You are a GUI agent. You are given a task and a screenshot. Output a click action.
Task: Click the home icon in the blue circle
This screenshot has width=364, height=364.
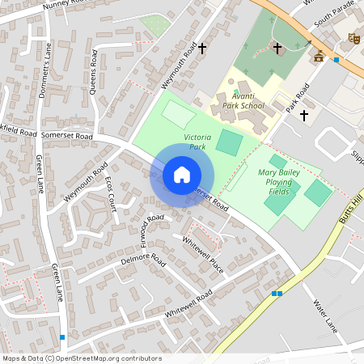(x=182, y=174)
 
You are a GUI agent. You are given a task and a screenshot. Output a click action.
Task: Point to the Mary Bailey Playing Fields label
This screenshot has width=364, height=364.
(x=279, y=183)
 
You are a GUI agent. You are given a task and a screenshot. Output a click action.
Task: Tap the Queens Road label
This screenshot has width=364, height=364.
(x=94, y=70)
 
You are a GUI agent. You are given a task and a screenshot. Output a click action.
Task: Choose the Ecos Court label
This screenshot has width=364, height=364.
(x=111, y=195)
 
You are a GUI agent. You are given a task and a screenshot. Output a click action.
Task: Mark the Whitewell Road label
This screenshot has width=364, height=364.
(x=187, y=302)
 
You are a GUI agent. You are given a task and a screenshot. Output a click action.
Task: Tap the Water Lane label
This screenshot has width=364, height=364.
(x=324, y=315)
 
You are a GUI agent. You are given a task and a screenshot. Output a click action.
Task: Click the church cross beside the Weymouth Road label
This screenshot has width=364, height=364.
(x=202, y=50)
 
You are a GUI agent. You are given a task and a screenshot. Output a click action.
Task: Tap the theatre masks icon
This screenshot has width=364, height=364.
(x=353, y=38)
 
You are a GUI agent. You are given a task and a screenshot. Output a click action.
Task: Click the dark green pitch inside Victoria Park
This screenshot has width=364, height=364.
(x=230, y=143)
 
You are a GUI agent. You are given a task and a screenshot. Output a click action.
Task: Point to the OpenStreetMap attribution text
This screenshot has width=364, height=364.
(x=82, y=358)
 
